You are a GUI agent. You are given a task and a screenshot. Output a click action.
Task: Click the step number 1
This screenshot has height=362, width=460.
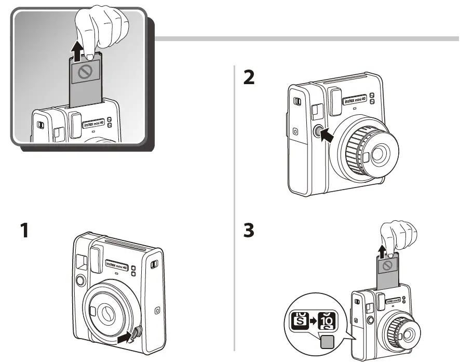coord(24,230)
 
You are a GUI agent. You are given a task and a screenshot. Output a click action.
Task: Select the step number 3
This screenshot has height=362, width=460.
coord(249,230)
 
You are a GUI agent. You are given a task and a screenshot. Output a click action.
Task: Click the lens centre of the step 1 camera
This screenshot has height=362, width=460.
coord(108,313)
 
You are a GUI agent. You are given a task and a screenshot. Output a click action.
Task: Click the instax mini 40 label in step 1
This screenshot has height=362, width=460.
coord(117,264)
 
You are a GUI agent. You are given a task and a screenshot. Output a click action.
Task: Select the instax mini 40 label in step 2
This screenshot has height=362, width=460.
coord(355,99)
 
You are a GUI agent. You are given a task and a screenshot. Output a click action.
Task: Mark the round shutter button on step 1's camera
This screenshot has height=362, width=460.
coord(80,280)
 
